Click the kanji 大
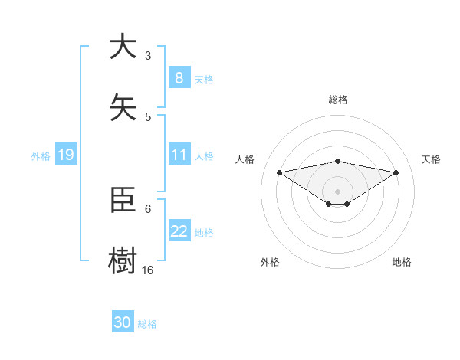[123, 47]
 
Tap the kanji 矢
[123, 108]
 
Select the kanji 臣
[123, 200]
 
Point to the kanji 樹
[123, 261]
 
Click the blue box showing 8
[179, 78]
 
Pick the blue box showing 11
[179, 155]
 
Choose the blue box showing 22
[179, 231]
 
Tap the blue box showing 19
[65, 155]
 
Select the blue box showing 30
[123, 323]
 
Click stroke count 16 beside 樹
[148, 270]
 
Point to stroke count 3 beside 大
[148, 56]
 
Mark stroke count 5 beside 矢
[148, 117]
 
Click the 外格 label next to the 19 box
[41, 155]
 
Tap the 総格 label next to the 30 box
[147, 324]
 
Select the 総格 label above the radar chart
[338, 100]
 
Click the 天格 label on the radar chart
[431, 159]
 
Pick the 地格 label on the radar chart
[402, 262]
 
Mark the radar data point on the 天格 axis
[396, 172]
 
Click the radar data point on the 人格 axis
[279, 172]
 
